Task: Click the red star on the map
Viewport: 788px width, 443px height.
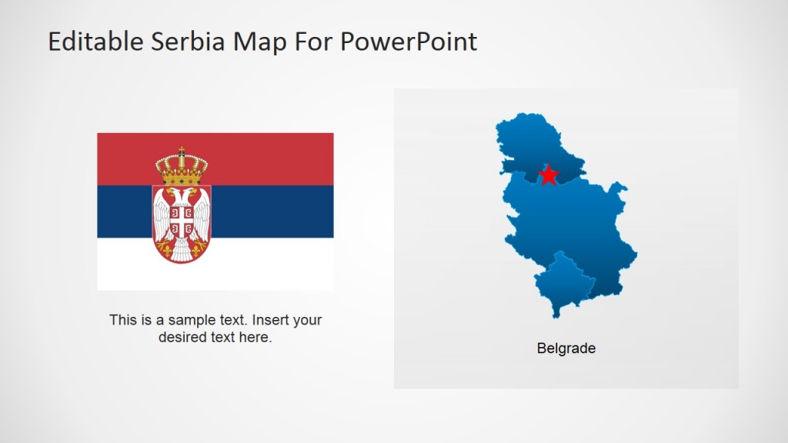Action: coord(548,175)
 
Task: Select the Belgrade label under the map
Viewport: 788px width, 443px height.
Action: coord(566,348)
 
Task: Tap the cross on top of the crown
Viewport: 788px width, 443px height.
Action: coord(182,150)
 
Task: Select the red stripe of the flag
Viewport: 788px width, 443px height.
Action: coord(269,158)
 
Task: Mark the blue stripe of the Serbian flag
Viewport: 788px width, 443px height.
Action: coord(269,212)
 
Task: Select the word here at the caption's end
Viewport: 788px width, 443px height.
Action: coord(256,337)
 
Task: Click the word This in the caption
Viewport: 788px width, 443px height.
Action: coord(123,320)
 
